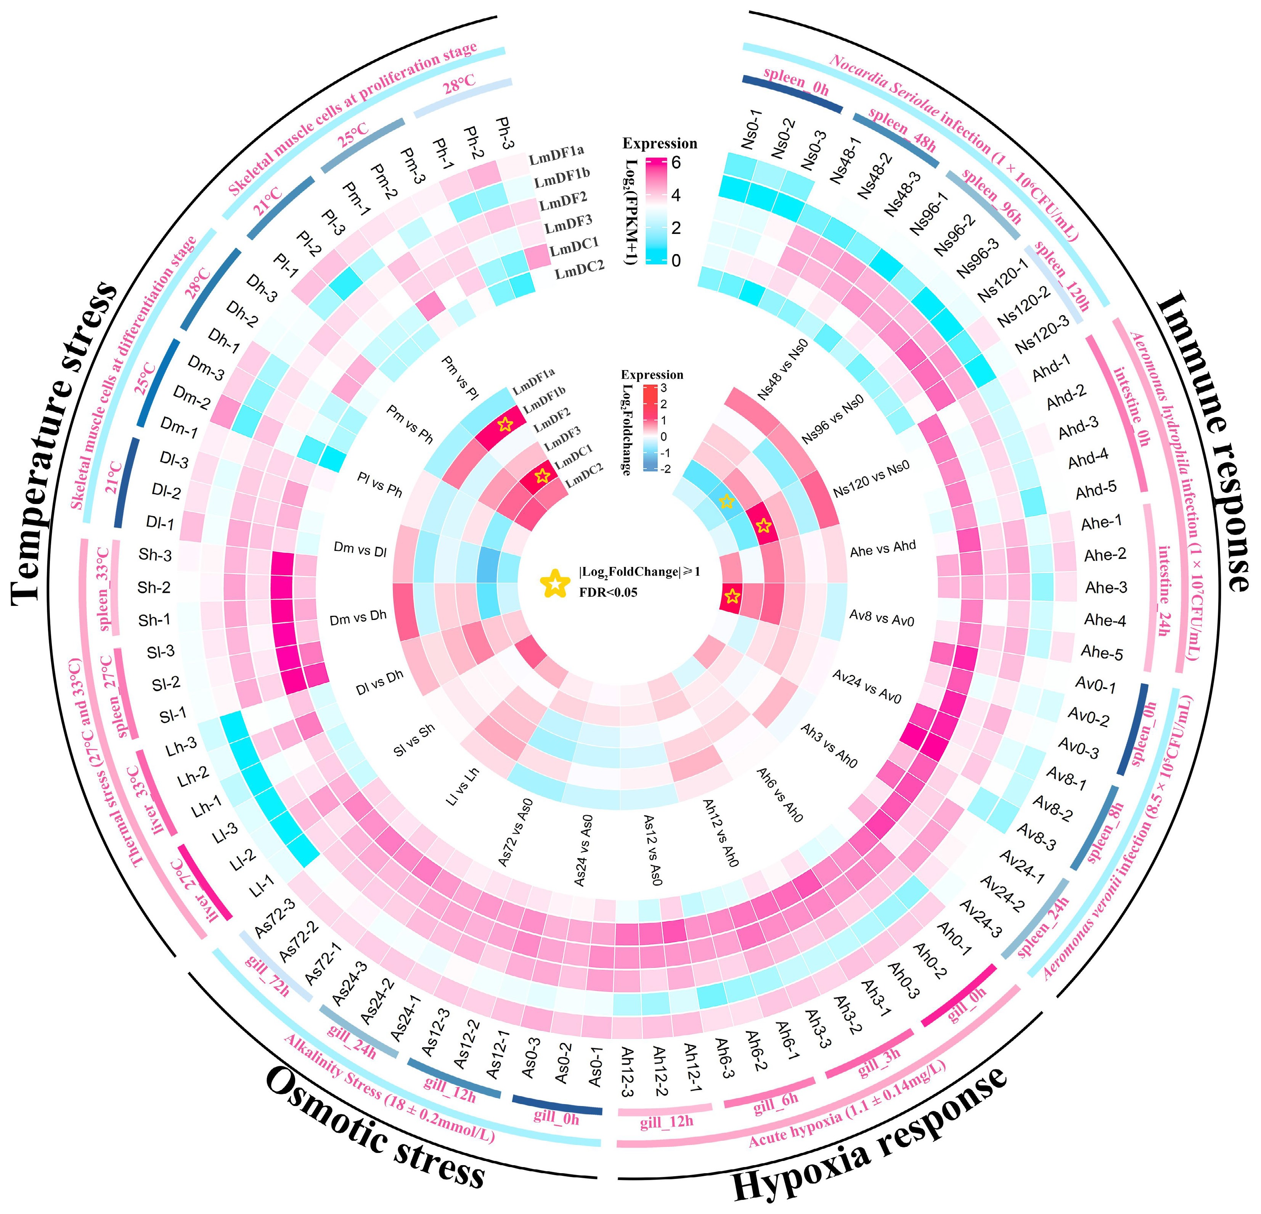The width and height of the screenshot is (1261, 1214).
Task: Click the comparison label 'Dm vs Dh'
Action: point(358,618)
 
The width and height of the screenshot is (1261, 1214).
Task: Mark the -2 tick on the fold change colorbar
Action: point(665,469)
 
